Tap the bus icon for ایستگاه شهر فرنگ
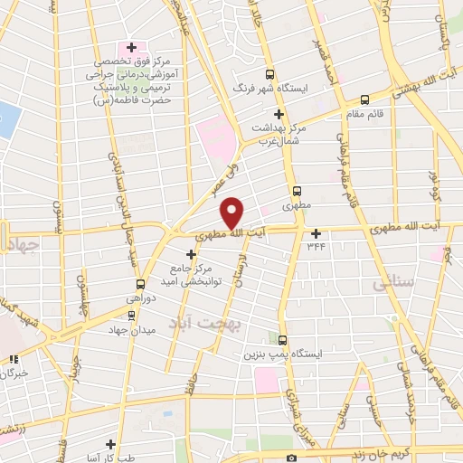click(x=269, y=76)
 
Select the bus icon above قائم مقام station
click(x=364, y=100)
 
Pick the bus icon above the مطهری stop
click(x=298, y=191)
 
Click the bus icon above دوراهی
click(x=138, y=283)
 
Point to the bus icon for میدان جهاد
click(x=133, y=316)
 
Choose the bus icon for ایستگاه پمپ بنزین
click(x=283, y=341)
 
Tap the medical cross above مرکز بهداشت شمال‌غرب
click(x=279, y=114)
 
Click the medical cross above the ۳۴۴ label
click(x=316, y=232)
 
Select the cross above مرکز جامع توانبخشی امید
click(x=189, y=254)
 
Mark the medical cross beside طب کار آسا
click(x=109, y=444)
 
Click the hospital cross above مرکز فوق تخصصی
click(x=131, y=47)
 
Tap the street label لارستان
click(x=240, y=269)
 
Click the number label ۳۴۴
click(x=316, y=245)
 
